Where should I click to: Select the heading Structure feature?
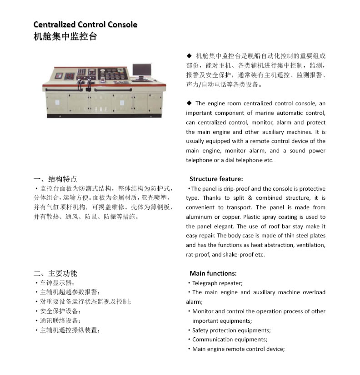coord(216,179)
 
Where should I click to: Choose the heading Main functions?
coord(213,273)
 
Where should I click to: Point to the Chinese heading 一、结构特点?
coord(55,179)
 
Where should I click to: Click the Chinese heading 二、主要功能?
coord(55,273)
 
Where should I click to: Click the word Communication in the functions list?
coord(212,340)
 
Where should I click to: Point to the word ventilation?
coord(310,245)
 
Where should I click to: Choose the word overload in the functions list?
coord(314,292)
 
